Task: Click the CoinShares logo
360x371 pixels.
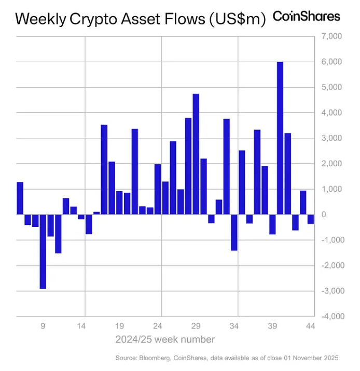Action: tap(306, 16)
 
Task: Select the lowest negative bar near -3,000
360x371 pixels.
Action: tap(43, 251)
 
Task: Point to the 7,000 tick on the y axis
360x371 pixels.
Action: tap(330, 36)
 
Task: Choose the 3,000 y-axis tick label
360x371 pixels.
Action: tap(330, 138)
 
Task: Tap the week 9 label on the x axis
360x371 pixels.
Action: tap(43, 327)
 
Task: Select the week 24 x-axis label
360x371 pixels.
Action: tap(158, 327)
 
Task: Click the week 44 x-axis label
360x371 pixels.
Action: tap(311, 327)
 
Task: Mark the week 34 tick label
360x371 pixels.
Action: tap(234, 327)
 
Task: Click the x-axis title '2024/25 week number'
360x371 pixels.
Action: tap(165, 340)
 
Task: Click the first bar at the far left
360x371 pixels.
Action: tap(20, 198)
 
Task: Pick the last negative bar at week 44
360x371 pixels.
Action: tap(311, 219)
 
